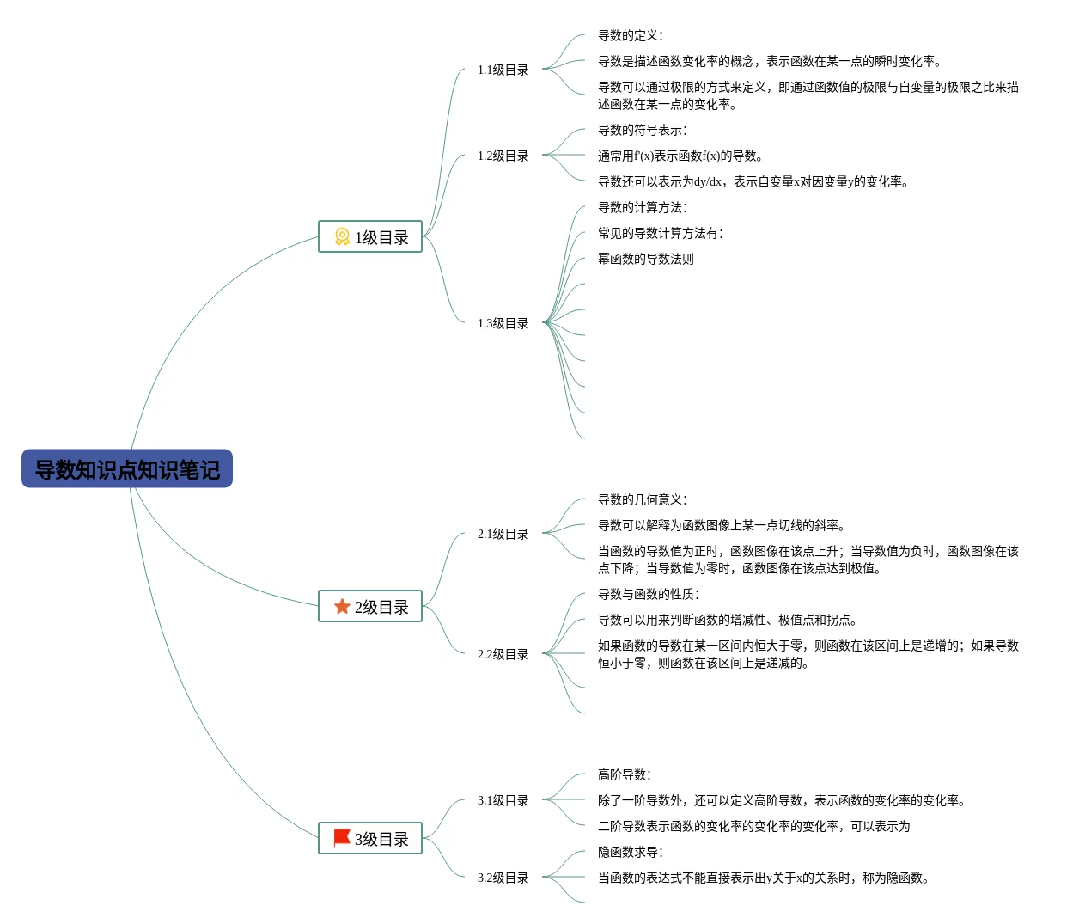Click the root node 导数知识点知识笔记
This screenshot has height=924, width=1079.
[127, 469]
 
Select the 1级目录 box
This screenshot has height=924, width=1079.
[370, 237]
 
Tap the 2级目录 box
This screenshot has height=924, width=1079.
[370, 607]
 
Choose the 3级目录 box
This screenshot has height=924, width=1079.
[370, 839]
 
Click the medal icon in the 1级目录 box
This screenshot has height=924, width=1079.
[342, 236]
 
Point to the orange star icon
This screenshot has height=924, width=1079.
[342, 607]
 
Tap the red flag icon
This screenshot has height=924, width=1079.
[342, 838]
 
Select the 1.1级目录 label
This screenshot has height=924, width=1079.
[503, 70]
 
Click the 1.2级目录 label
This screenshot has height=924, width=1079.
[503, 156]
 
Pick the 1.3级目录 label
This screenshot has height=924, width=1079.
[503, 324]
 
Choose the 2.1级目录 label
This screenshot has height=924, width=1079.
[503, 535]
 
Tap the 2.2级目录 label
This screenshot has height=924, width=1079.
[503, 655]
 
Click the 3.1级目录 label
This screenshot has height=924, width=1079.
[503, 801]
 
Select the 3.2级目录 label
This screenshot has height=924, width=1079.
[503, 878]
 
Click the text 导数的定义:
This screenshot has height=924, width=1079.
[631, 36]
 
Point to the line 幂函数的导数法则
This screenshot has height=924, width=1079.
[646, 260]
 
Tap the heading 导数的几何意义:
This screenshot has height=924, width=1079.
[643, 500]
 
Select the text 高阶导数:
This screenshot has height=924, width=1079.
[625, 775]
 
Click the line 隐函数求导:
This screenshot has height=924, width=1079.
[631, 853]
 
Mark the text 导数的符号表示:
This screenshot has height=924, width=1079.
[643, 131]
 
